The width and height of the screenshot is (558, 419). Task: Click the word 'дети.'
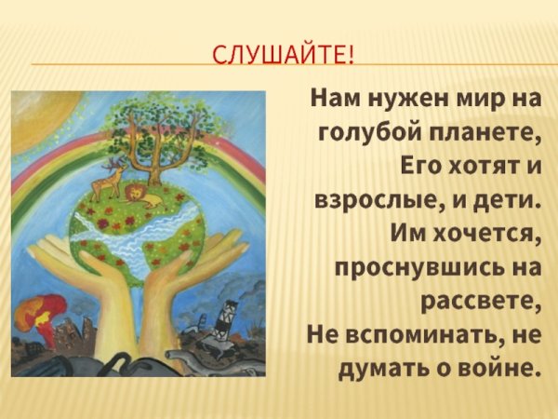508,202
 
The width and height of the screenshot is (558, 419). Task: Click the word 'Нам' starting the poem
333,96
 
